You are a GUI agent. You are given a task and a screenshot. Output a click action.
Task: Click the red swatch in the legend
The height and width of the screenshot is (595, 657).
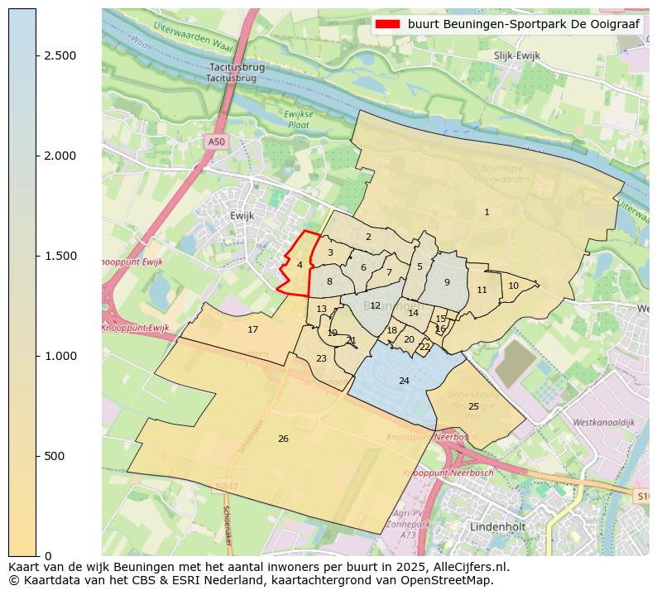387,24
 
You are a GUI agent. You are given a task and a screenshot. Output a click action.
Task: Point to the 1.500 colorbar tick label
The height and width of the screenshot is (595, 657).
60,256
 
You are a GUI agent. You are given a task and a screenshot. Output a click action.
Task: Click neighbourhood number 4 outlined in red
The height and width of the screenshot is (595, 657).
300,265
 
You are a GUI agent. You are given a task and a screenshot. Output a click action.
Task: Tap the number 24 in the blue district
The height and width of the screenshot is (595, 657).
404,381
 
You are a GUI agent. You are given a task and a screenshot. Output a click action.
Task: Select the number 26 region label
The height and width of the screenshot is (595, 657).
283,439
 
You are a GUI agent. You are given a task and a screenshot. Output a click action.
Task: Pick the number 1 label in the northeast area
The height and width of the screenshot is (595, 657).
487,213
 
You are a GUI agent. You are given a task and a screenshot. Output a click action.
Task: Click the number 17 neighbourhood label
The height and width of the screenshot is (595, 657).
253,329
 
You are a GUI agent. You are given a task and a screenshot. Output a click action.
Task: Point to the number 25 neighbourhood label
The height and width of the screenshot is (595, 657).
473,406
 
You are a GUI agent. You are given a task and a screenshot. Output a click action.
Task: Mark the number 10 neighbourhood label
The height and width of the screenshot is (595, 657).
513,286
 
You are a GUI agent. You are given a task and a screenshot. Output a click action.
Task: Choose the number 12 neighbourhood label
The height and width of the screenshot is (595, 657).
375,305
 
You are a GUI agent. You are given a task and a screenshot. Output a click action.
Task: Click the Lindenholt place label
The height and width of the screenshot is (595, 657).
498,526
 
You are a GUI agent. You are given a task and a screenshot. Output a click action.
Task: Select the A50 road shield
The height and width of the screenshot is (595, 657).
216,142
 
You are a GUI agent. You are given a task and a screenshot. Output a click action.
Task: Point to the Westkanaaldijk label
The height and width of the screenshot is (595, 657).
603,422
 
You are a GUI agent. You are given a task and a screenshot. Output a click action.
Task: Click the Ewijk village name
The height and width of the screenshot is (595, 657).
242,215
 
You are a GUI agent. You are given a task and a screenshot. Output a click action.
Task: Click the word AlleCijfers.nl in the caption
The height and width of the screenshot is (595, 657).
466,567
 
